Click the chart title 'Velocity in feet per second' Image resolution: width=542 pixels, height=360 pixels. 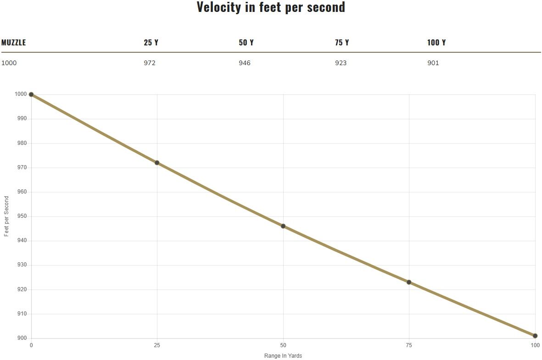click(x=271, y=7)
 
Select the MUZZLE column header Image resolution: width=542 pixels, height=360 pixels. click(x=14, y=43)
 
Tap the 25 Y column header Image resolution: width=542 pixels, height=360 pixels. click(x=151, y=43)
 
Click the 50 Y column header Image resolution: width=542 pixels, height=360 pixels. click(x=246, y=43)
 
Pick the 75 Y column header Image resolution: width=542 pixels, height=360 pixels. click(x=342, y=43)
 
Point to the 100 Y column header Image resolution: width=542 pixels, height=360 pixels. click(x=436, y=43)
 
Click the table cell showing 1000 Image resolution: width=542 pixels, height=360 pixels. click(x=9, y=63)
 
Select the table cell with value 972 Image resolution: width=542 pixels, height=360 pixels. click(x=150, y=63)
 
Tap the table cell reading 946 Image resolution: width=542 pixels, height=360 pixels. click(x=245, y=63)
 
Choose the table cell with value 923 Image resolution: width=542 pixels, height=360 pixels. click(x=341, y=63)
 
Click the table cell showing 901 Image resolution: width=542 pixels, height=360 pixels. click(x=433, y=63)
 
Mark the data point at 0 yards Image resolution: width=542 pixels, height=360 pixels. click(x=31, y=94)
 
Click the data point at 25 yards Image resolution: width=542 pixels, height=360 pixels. click(x=157, y=163)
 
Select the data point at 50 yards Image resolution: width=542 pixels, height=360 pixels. click(x=283, y=226)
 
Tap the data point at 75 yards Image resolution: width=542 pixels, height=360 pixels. click(x=409, y=282)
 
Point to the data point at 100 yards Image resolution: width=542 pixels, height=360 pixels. click(x=535, y=336)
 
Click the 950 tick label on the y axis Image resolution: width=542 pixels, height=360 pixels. click(x=21, y=216)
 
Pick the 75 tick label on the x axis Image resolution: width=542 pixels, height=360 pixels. click(x=409, y=345)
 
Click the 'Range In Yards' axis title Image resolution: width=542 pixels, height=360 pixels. click(x=283, y=356)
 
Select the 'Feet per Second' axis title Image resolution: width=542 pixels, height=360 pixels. click(x=6, y=216)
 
